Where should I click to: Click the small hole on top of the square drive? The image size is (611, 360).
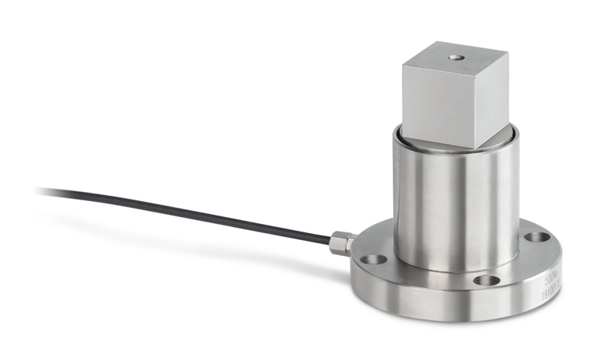point(456,57)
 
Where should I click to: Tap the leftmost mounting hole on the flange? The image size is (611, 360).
point(374,260)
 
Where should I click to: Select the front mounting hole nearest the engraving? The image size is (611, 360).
point(487,281)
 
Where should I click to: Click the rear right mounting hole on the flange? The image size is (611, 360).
point(538,237)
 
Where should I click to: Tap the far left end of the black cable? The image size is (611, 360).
point(38,190)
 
